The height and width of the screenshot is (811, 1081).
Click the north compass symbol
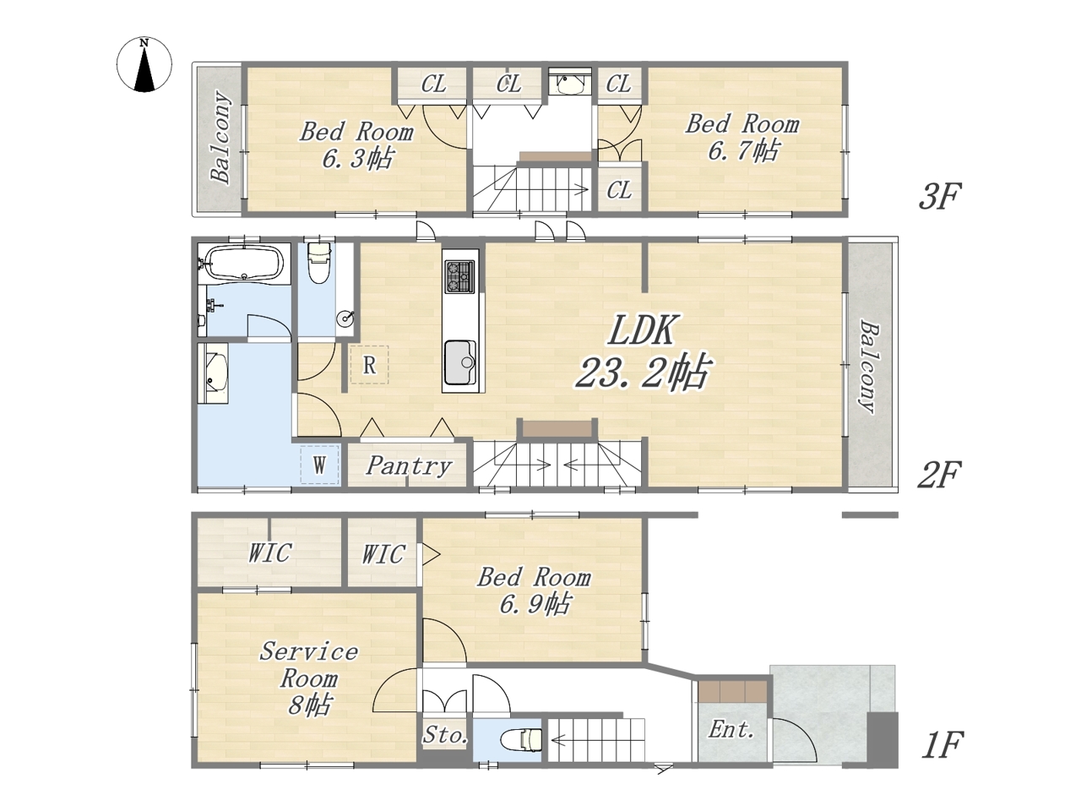click(144, 64)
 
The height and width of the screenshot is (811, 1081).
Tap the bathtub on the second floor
click(244, 264)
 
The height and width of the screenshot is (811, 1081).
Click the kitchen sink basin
click(460, 363)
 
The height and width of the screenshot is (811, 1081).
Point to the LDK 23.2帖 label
click(642, 351)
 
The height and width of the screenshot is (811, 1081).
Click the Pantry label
click(408, 465)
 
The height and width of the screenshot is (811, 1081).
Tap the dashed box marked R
click(369, 365)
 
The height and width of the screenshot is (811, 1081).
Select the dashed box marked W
click(319, 465)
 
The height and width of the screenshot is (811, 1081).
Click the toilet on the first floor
click(521, 739)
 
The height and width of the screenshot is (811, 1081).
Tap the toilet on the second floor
click(318, 262)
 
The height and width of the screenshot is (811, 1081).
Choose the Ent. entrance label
click(731, 730)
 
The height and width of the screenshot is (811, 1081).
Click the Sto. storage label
click(445, 736)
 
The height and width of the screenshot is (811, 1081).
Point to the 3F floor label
click(940, 196)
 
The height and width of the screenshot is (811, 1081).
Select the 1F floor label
click(942, 745)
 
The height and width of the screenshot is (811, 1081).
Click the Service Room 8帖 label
click(309, 678)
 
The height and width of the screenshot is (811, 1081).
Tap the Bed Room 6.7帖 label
click(742, 137)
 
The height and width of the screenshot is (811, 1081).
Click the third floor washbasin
click(570, 84)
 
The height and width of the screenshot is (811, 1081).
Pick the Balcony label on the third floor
click(220, 139)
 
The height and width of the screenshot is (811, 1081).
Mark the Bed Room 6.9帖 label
click(534, 591)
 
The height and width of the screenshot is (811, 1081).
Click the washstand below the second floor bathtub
click(214, 373)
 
